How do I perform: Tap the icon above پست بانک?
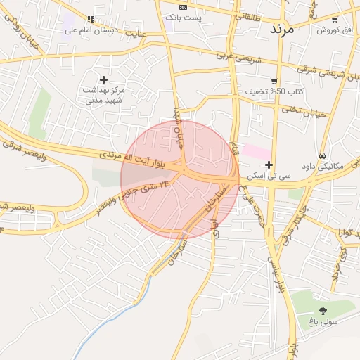click(x=184, y=6)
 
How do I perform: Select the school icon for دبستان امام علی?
click(x=90, y=19)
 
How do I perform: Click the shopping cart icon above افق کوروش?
click(x=334, y=19)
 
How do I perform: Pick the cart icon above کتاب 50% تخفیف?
click(x=274, y=81)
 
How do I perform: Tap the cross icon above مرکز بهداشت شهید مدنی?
click(x=104, y=79)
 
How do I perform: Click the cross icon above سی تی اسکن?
click(x=269, y=165)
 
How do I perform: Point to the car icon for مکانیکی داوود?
click(x=322, y=155)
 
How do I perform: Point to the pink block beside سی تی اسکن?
click(x=258, y=151)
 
